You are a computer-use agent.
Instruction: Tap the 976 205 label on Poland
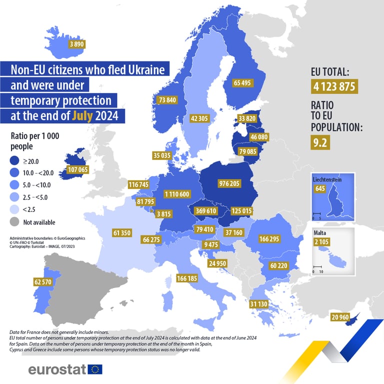pyautogui.click(x=229, y=183)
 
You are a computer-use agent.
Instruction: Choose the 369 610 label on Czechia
pyautogui.click(x=205, y=211)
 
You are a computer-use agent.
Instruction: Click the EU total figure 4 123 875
pyautogui.click(x=334, y=86)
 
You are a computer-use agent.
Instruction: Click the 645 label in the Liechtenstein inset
pyautogui.click(x=320, y=189)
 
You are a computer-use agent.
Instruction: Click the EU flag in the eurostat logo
pyautogui.click(x=94, y=369)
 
